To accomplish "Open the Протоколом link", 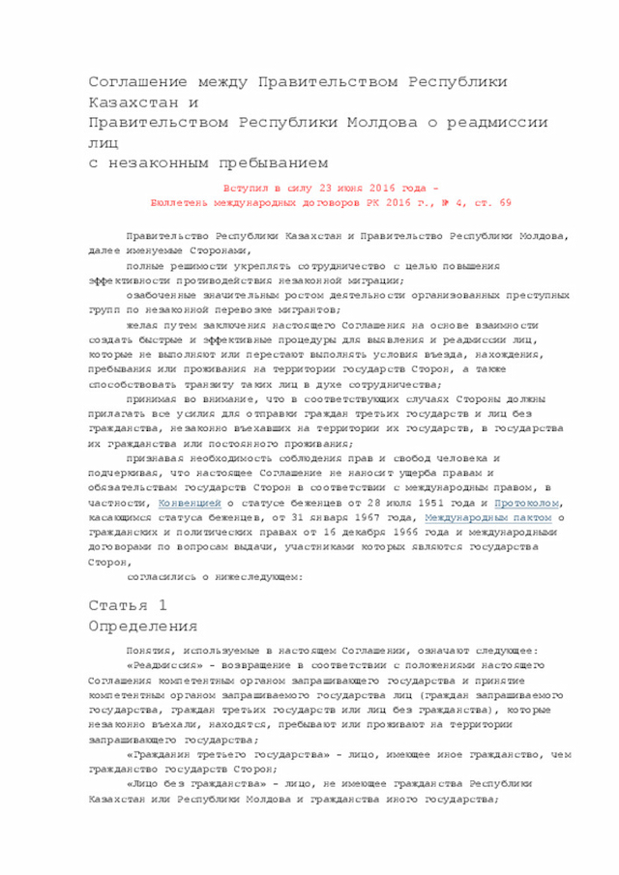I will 526,504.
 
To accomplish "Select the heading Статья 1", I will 128,605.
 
